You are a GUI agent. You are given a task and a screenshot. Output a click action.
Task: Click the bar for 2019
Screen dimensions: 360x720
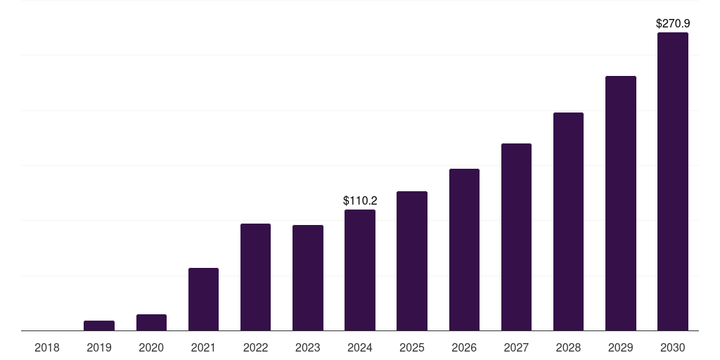(x=99, y=326)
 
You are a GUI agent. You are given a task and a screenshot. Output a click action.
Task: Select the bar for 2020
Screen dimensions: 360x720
(x=151, y=323)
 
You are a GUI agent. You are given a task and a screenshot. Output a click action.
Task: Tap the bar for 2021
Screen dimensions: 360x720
(x=203, y=300)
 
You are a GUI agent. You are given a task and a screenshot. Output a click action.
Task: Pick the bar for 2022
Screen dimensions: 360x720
(x=255, y=277)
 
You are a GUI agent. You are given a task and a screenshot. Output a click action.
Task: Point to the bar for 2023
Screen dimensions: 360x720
(x=308, y=278)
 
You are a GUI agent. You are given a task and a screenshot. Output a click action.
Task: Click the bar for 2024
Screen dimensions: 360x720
(x=360, y=270)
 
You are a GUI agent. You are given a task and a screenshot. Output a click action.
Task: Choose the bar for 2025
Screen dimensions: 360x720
(x=412, y=261)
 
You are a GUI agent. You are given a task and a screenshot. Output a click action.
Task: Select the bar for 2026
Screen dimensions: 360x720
(x=464, y=250)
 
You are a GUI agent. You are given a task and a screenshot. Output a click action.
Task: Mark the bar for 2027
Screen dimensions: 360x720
(x=516, y=237)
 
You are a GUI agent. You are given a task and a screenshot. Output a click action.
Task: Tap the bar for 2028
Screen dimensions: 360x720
(x=568, y=221)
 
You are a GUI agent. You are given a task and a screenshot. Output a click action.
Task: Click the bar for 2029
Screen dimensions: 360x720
(x=621, y=203)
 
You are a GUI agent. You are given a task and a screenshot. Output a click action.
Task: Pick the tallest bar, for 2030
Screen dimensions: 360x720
(x=673, y=181)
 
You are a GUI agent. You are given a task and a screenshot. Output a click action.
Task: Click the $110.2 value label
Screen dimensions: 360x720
(x=360, y=201)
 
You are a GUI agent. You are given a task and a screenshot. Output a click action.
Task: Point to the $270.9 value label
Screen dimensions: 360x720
(x=673, y=24)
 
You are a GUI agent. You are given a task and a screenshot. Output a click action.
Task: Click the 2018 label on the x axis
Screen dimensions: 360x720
(x=47, y=348)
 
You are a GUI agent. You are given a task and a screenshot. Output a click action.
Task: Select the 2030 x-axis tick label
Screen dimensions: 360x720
(x=673, y=348)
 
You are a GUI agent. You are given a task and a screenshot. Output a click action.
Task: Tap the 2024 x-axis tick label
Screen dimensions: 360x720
(x=360, y=348)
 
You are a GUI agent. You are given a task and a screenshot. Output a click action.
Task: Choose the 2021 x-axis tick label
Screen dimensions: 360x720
(x=203, y=348)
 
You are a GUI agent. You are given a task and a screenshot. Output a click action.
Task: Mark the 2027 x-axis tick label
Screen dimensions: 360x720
(x=516, y=348)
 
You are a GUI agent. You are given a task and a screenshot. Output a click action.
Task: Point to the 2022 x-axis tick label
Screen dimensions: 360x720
(x=255, y=348)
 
